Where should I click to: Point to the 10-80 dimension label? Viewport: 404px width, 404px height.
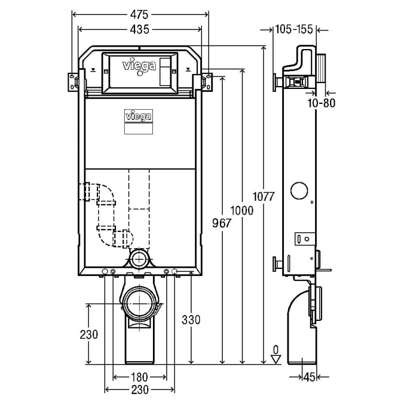click(x=321, y=103)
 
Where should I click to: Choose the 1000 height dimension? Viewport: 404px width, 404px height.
click(x=242, y=211)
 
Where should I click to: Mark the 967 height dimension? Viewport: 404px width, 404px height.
click(x=222, y=223)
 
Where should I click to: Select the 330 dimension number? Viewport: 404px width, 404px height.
click(x=190, y=320)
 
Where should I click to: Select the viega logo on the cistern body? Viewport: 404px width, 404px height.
click(x=139, y=115)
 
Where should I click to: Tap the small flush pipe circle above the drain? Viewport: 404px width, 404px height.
click(x=139, y=258)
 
